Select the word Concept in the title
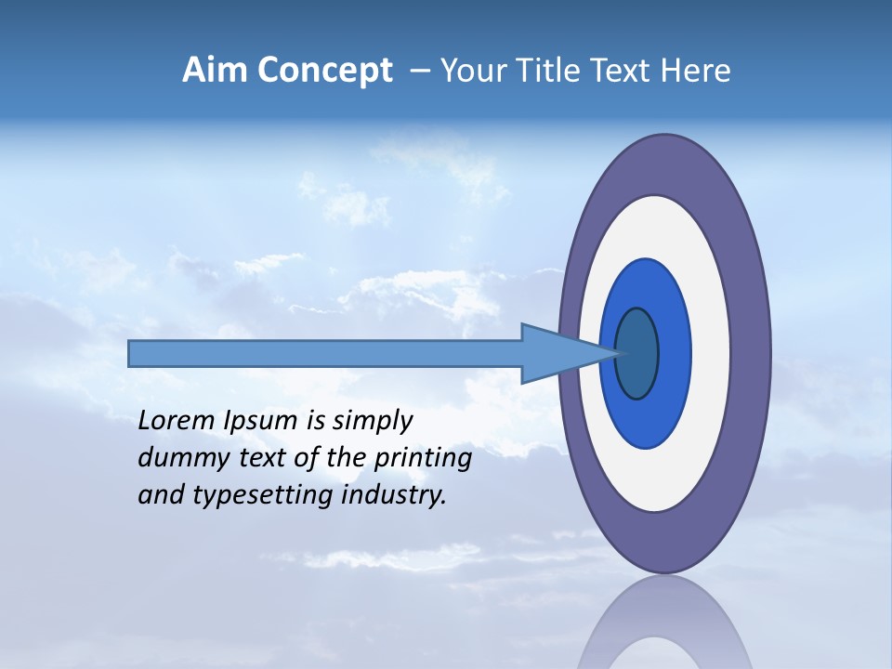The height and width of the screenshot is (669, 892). click(325, 71)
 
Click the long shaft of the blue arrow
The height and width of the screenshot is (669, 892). click(325, 353)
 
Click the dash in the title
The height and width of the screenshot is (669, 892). click(419, 72)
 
